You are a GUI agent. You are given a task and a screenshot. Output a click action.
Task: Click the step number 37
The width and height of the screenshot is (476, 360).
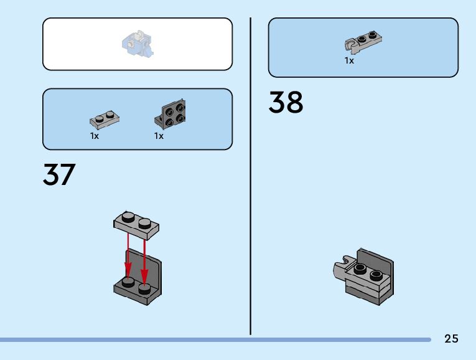[x=59, y=175]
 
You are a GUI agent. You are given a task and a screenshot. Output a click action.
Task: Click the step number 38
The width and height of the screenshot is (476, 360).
[x=286, y=103]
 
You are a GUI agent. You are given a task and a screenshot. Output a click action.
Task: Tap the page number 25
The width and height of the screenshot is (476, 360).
[x=451, y=339]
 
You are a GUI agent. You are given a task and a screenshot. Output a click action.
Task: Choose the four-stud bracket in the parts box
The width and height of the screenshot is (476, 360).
[x=171, y=115]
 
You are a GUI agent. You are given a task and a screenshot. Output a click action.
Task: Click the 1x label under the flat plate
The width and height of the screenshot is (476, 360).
[x=95, y=136]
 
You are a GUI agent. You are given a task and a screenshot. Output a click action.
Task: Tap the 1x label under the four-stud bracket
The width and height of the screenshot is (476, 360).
[x=159, y=136]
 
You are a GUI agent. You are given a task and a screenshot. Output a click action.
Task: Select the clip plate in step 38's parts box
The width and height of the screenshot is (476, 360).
[x=363, y=42]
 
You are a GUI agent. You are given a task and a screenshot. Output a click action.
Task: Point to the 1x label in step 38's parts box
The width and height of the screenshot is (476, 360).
[x=350, y=60]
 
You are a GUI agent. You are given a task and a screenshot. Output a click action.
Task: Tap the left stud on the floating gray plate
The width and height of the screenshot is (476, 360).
[x=128, y=217]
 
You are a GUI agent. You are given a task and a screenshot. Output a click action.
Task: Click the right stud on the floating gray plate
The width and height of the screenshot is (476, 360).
[x=144, y=222]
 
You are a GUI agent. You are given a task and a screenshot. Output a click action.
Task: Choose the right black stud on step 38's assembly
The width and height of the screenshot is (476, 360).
[x=375, y=274]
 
